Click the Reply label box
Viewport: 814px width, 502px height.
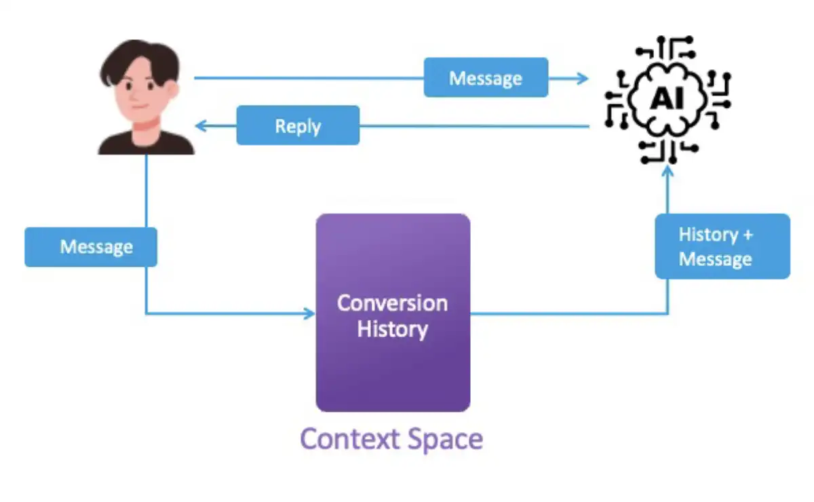(298, 125)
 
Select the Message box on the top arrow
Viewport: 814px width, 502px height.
(486, 78)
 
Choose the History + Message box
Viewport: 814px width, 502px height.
(722, 246)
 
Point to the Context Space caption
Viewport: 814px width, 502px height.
(391, 439)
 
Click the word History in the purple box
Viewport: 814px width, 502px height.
(393, 330)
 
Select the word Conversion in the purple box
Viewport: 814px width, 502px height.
(393, 303)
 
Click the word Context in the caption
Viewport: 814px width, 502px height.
(343, 439)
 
